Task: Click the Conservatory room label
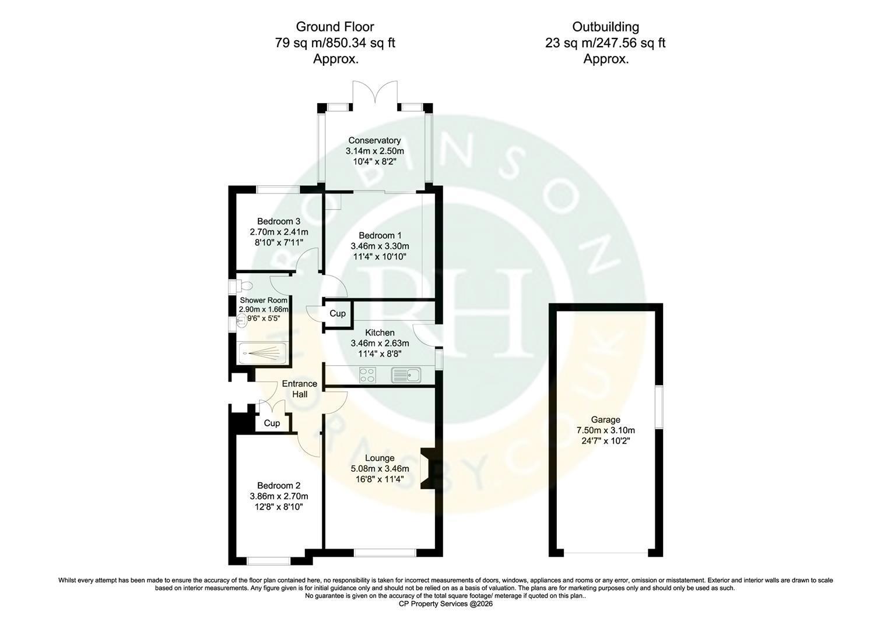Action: coord(374,140)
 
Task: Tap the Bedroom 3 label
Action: coord(279,221)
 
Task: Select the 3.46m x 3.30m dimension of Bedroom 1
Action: coord(380,246)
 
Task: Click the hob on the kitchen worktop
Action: coord(367,375)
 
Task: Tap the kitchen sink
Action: coord(406,375)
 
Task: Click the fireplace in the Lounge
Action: coord(428,469)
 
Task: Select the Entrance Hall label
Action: coord(300,389)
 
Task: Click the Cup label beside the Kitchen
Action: coord(337,313)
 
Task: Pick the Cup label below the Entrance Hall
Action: coord(272,423)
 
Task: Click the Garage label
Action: coord(605,419)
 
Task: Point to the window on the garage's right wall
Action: coord(659,407)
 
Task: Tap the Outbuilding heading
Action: coord(605,27)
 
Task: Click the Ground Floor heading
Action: coord(335,27)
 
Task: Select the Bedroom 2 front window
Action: coord(269,561)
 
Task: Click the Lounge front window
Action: coord(385,552)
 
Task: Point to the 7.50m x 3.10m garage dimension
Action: coord(605,430)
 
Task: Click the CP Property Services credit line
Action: coord(445,604)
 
